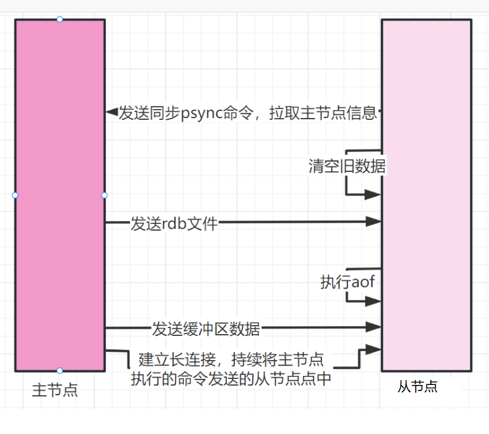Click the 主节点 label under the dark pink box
pos(54,390)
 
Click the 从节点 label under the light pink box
pos(418,387)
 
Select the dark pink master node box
pos(60,151)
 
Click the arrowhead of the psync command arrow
pos(111,112)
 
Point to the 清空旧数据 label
pos(347,166)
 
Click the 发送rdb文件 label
pos(174,223)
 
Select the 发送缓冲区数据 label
pos(206,329)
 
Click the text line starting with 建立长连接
pos(231,360)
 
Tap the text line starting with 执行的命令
pos(231,379)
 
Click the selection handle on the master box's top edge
pos(60,19)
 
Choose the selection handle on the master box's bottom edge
pos(60,370)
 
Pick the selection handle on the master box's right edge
pos(105,195)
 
